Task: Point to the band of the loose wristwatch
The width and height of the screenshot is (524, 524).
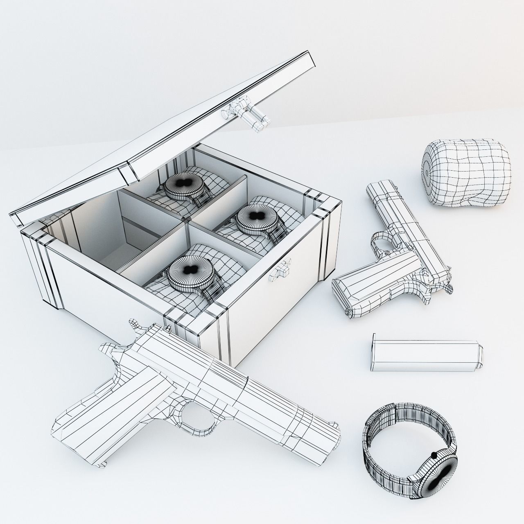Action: [393, 430]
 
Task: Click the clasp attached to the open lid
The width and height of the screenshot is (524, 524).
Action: [247, 115]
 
